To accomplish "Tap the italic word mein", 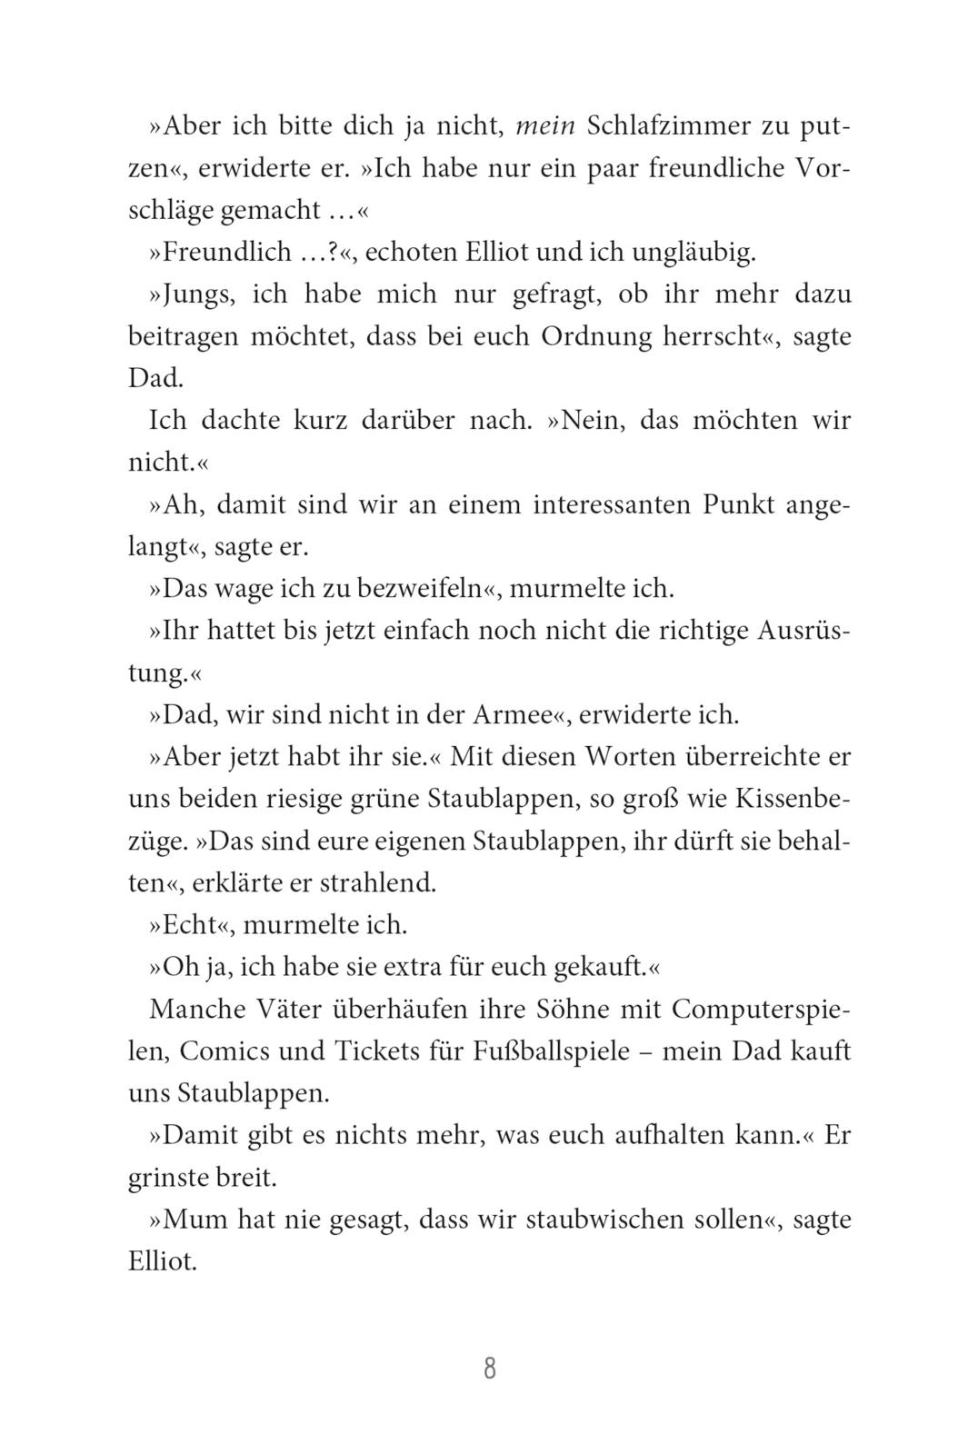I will click(x=545, y=127).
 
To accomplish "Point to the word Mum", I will click(x=194, y=1219).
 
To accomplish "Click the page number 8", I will click(x=490, y=1369).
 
